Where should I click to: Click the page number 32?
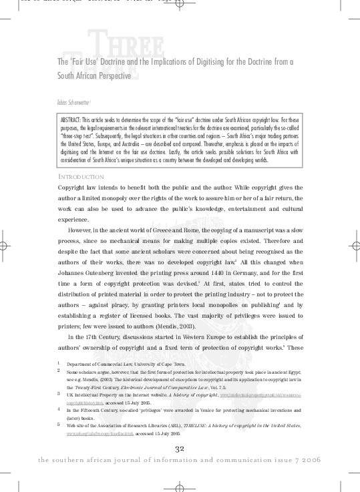point(180,448)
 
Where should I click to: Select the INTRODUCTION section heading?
point(81,176)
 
